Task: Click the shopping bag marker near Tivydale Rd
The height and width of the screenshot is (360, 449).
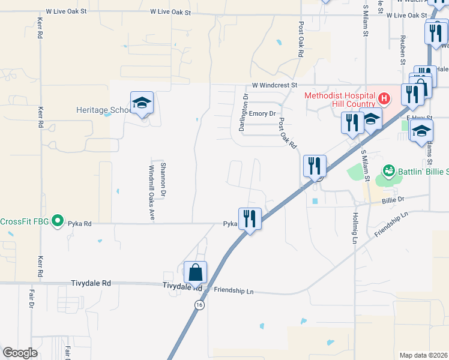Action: (196, 272)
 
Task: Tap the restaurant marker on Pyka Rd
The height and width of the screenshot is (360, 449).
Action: (249, 218)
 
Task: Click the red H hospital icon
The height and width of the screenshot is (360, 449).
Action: (385, 97)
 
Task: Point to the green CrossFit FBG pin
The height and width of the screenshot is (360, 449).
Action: (58, 221)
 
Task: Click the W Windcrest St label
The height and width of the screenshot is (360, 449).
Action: (274, 86)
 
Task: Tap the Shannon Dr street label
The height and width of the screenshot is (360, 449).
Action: (163, 178)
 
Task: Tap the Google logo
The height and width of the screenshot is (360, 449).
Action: (20, 353)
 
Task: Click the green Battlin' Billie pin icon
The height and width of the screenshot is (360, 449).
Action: (389, 172)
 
